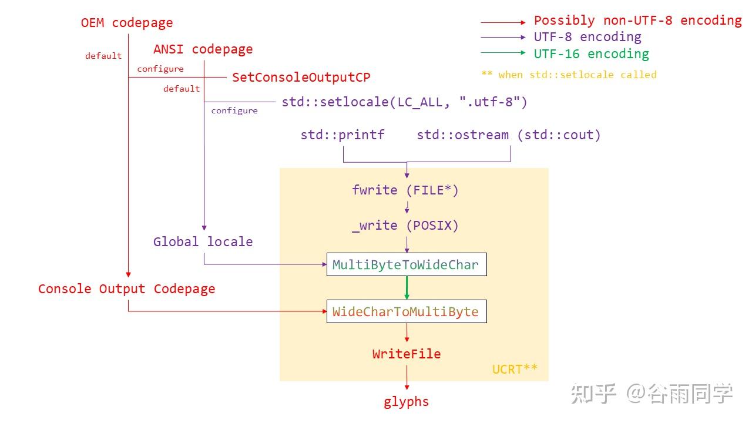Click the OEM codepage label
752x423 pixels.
coord(127,23)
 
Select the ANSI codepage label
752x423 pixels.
coord(203,49)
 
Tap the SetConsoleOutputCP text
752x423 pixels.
coord(301,77)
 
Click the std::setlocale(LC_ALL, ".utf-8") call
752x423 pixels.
coord(404,102)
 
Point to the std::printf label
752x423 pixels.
coord(343,135)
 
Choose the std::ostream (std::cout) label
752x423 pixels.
coord(509,135)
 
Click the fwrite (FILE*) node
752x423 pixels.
coord(405,190)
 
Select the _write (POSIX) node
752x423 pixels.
coord(405,225)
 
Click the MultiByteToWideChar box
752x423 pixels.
coord(406,264)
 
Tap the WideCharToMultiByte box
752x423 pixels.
coord(406,311)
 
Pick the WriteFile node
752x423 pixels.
coord(406,354)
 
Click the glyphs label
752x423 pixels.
coord(406,402)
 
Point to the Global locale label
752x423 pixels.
coord(203,241)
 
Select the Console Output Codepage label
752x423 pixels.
coord(126,288)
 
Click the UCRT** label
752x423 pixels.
coord(515,369)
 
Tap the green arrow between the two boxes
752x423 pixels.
coord(407,288)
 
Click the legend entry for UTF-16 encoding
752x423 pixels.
coord(591,54)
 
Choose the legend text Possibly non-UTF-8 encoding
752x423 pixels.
coord(637,21)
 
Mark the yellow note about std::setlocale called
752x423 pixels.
coord(569,75)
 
